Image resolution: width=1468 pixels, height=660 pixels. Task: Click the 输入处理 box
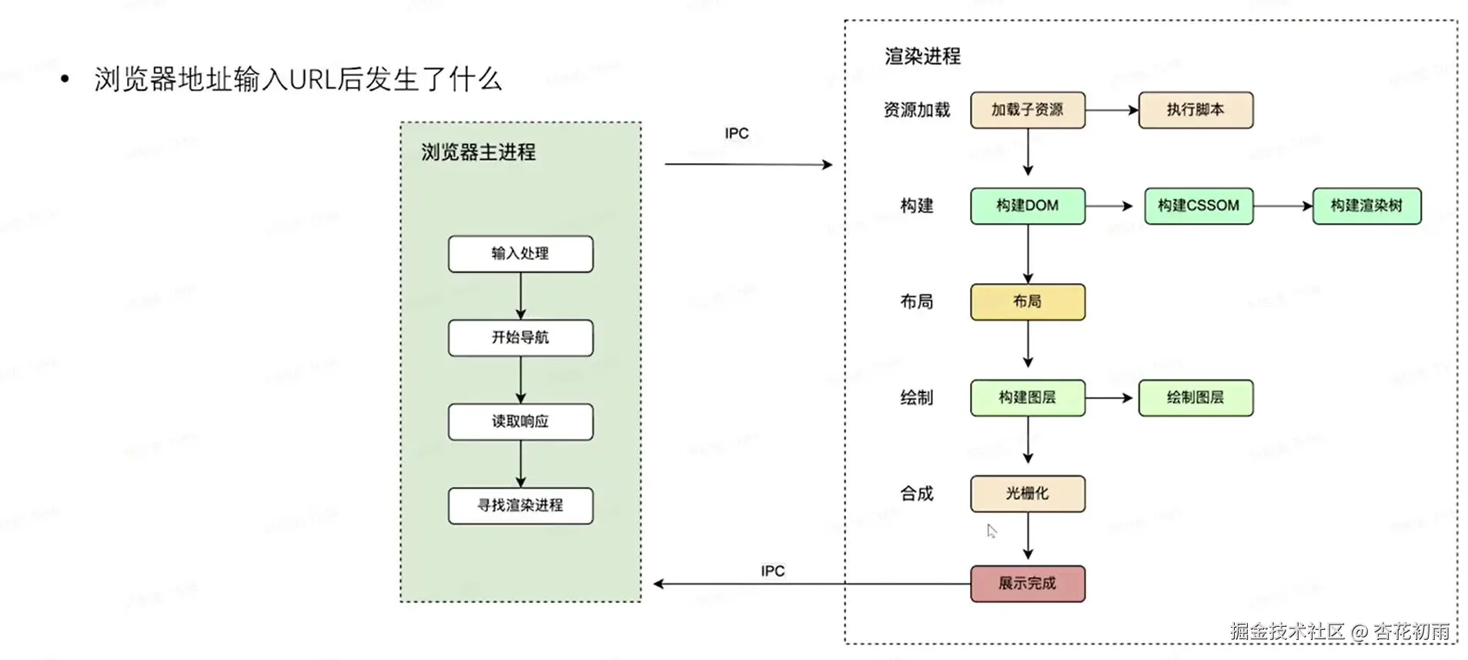520,254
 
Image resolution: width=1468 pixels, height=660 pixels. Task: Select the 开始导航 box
520,338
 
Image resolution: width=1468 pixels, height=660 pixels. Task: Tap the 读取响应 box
520,422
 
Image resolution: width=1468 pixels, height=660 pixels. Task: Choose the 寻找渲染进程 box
520,505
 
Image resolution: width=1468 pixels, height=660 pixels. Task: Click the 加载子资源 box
1027,110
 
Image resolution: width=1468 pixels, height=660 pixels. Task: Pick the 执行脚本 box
1195,110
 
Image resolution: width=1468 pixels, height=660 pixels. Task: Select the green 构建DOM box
1027,205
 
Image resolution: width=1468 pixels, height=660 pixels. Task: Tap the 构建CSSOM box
1198,205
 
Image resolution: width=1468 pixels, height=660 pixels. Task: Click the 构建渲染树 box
1366,205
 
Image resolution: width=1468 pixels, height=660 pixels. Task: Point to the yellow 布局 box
1027,302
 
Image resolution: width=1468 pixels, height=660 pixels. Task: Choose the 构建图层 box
1027,398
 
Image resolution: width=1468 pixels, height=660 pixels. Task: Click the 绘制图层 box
1195,398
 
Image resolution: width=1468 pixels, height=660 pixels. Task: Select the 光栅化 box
1027,493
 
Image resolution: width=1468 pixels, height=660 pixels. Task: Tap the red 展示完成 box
1027,583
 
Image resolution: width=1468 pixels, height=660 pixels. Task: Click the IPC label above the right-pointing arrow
736,134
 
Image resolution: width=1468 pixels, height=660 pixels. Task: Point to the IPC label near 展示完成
772,571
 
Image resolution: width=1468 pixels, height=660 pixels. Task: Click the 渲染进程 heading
922,56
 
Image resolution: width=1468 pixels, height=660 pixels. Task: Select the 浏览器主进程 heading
478,152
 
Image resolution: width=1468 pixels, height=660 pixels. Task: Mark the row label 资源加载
916,110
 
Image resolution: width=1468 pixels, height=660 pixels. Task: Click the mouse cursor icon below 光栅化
991,531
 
